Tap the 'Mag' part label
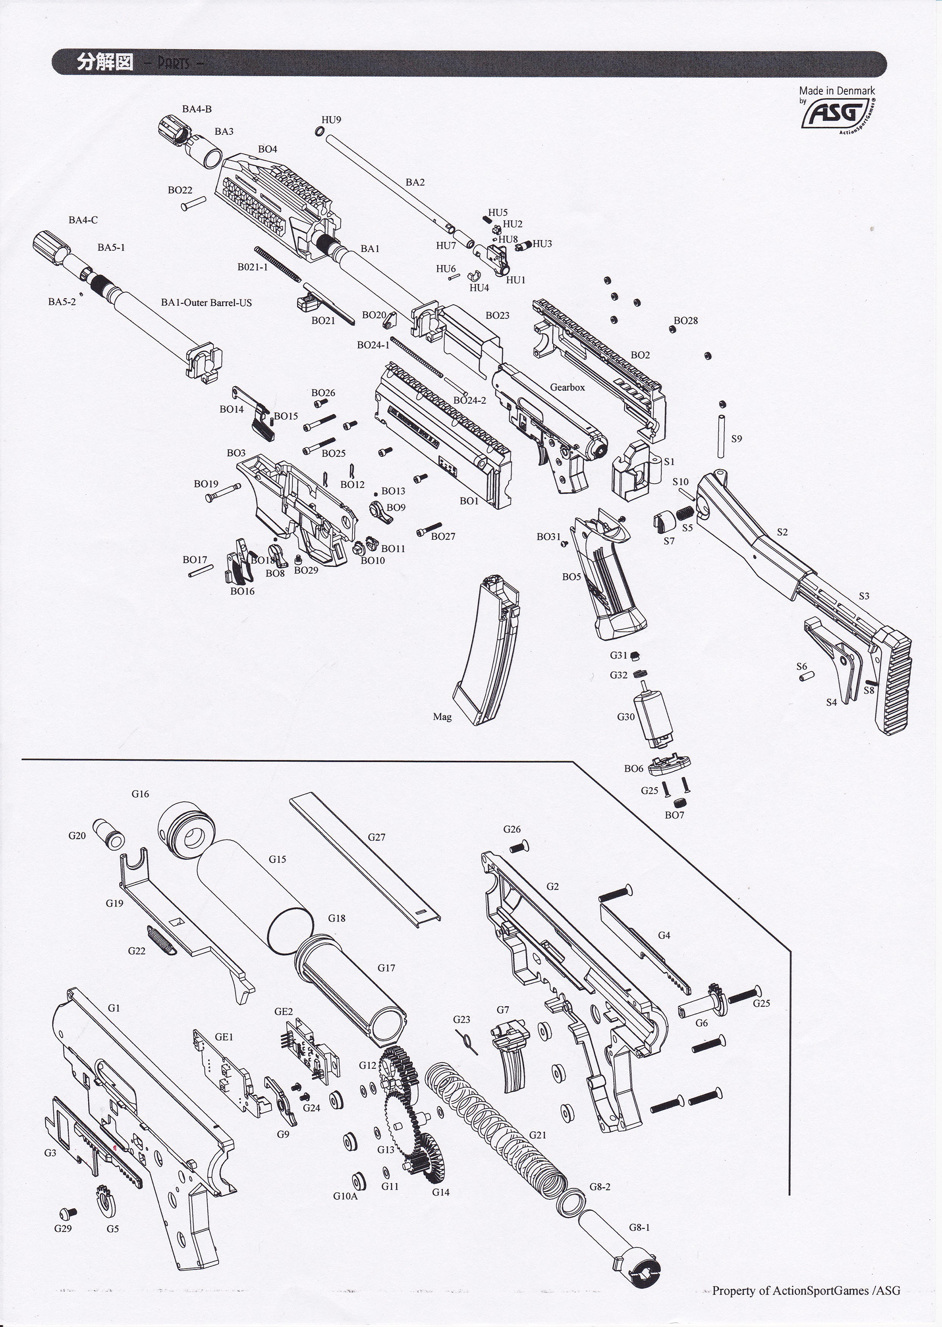coord(442,717)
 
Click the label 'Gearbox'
coord(567,387)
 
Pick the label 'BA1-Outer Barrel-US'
coord(206,303)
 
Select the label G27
coord(376,837)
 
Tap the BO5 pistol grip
coord(606,574)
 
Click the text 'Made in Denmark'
coord(836,90)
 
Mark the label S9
coord(736,439)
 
